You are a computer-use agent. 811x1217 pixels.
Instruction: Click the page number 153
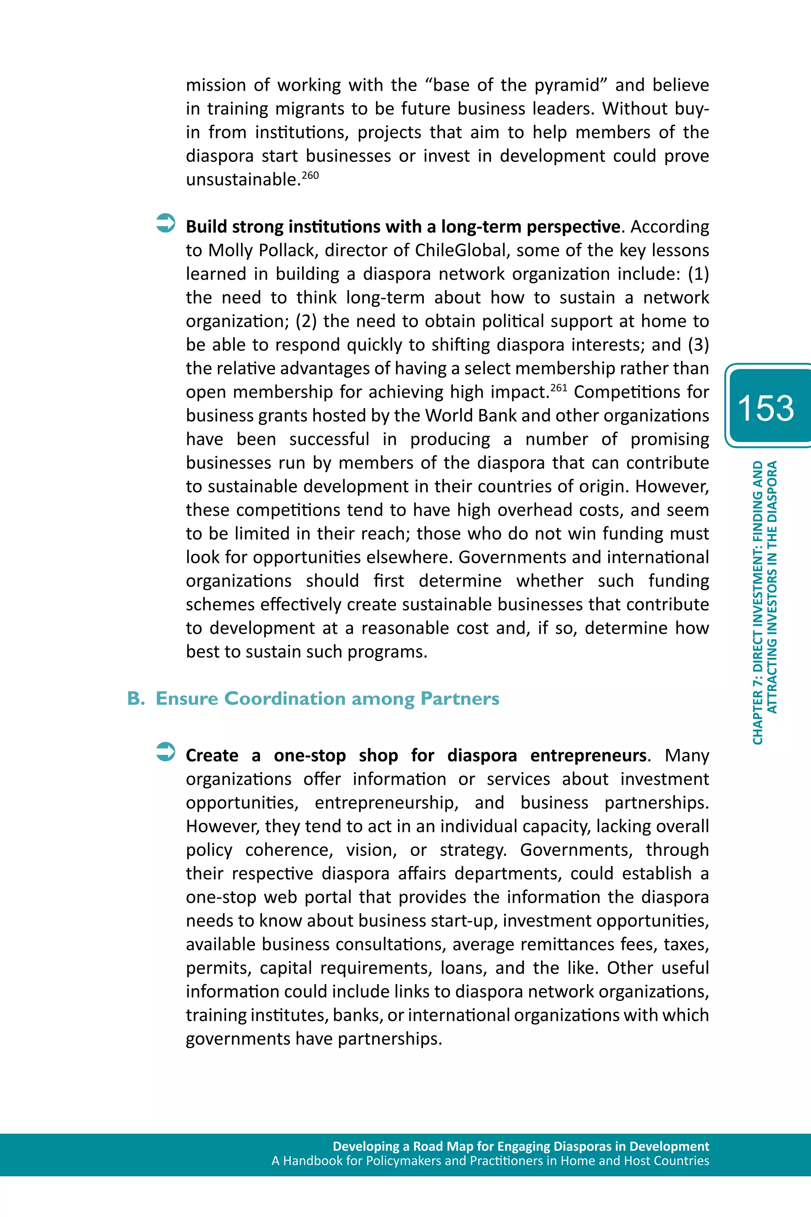click(x=765, y=408)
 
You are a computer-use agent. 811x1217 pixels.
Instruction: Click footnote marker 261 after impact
click(x=559, y=387)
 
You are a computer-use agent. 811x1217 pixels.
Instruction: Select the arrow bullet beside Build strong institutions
click(x=166, y=223)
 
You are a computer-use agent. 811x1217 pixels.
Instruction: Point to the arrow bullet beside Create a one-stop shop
click(x=166, y=752)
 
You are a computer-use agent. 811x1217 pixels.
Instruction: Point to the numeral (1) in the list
click(x=698, y=274)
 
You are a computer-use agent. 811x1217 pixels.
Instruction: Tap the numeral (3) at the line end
click(x=698, y=345)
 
